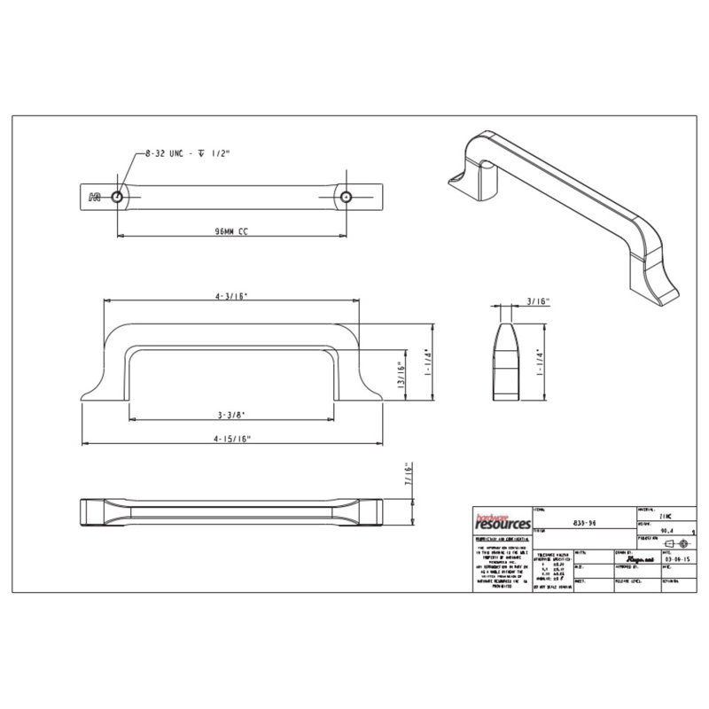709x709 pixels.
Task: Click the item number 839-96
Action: click(x=580, y=524)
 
